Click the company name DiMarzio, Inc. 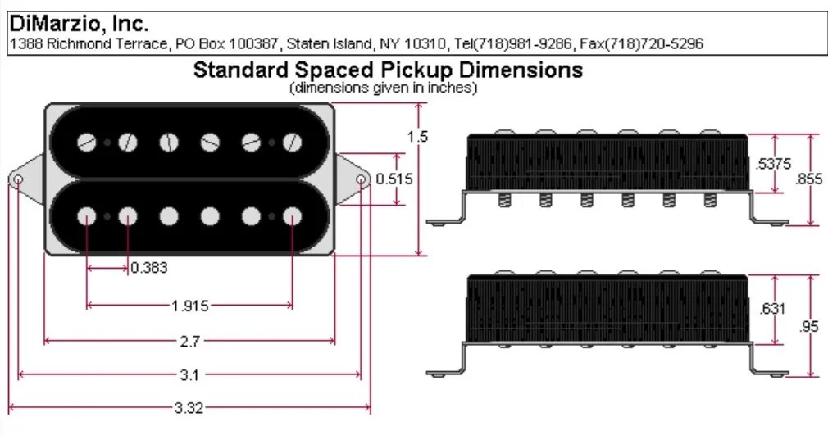pyautogui.click(x=79, y=25)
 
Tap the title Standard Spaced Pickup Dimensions pyautogui.click(x=387, y=70)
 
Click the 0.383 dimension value pyautogui.click(x=149, y=268)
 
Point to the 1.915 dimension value pyautogui.click(x=189, y=306)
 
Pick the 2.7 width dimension pyautogui.click(x=189, y=340)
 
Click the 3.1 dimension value pyautogui.click(x=189, y=374)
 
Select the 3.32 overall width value pyautogui.click(x=189, y=408)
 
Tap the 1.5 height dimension pyautogui.click(x=418, y=137)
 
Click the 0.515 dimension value pyautogui.click(x=394, y=179)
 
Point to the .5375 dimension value pyautogui.click(x=773, y=164)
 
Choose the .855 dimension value pyautogui.click(x=812, y=179)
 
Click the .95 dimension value pyautogui.click(x=809, y=326)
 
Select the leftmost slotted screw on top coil pyautogui.click(x=87, y=143)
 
